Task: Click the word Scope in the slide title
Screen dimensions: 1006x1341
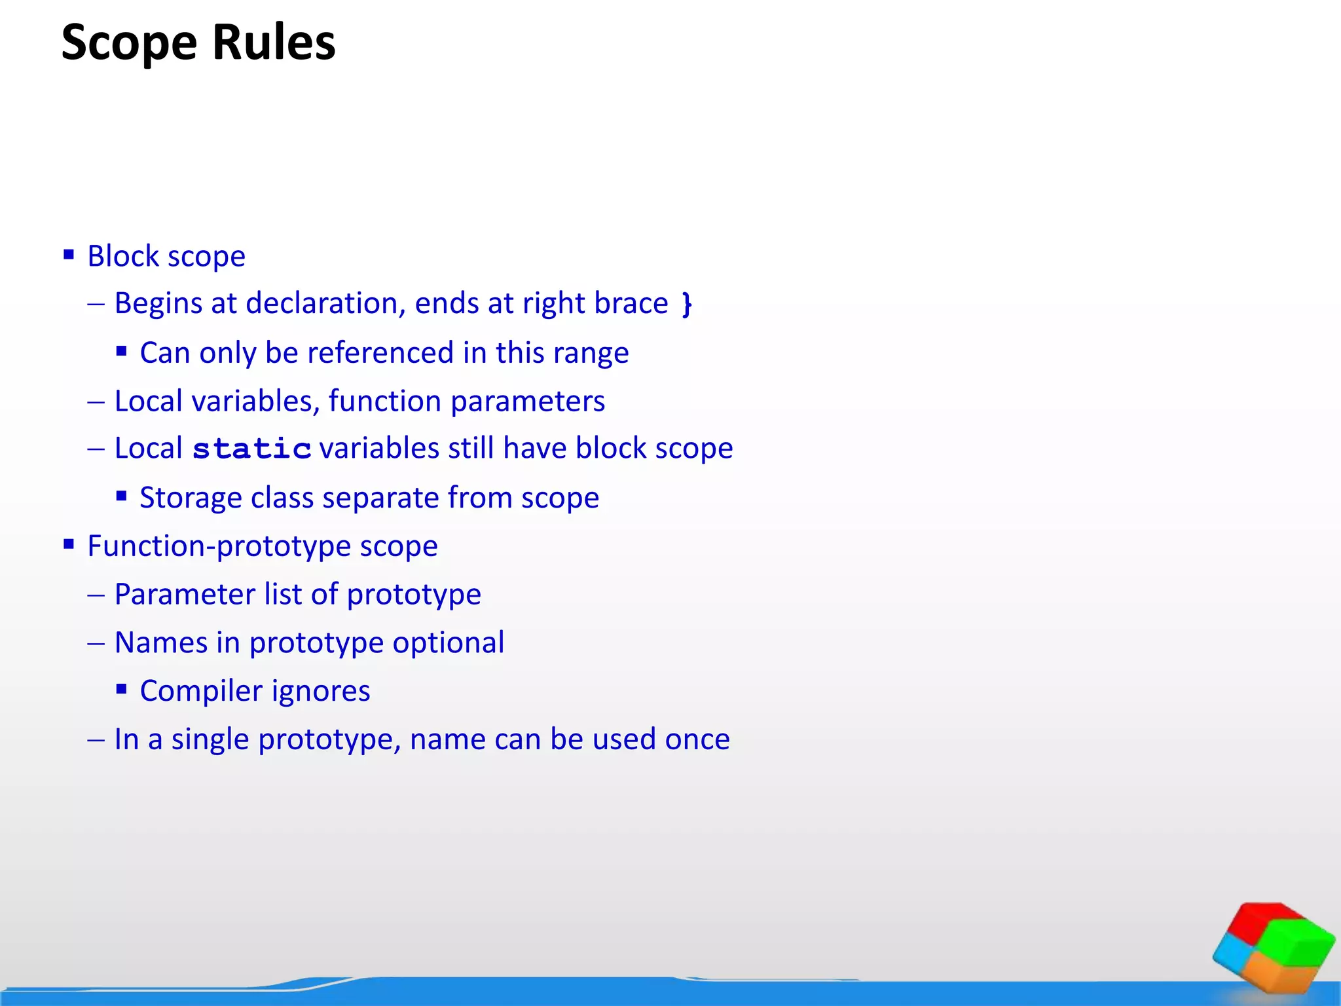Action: [129, 43]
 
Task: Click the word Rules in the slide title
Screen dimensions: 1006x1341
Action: [274, 43]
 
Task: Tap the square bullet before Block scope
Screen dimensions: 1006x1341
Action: [69, 254]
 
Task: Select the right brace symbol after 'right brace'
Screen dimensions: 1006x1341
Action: [686, 304]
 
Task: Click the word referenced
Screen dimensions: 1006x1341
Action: [380, 353]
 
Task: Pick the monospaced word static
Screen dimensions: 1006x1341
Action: [251, 449]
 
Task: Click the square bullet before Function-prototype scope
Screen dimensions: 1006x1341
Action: [69, 544]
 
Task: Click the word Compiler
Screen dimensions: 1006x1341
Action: [201, 692]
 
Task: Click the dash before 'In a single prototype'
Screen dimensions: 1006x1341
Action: [96, 740]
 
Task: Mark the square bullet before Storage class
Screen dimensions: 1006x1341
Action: [121, 496]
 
